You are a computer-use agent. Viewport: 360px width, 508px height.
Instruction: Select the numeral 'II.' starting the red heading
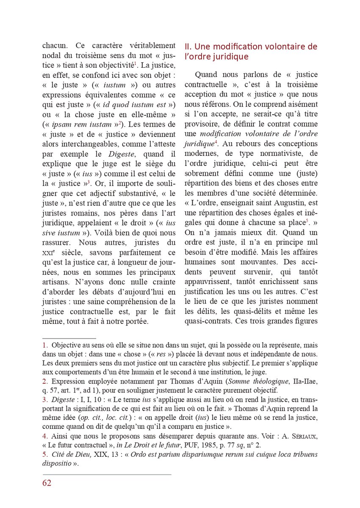pyautogui.click(x=188, y=47)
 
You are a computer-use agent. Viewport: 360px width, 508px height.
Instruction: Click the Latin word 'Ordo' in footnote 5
pyautogui.click(x=139, y=454)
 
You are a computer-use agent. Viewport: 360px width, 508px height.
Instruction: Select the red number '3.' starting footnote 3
pyautogui.click(x=45, y=399)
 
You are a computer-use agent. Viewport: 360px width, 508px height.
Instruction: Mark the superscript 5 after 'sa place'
pyautogui.click(x=307, y=220)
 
